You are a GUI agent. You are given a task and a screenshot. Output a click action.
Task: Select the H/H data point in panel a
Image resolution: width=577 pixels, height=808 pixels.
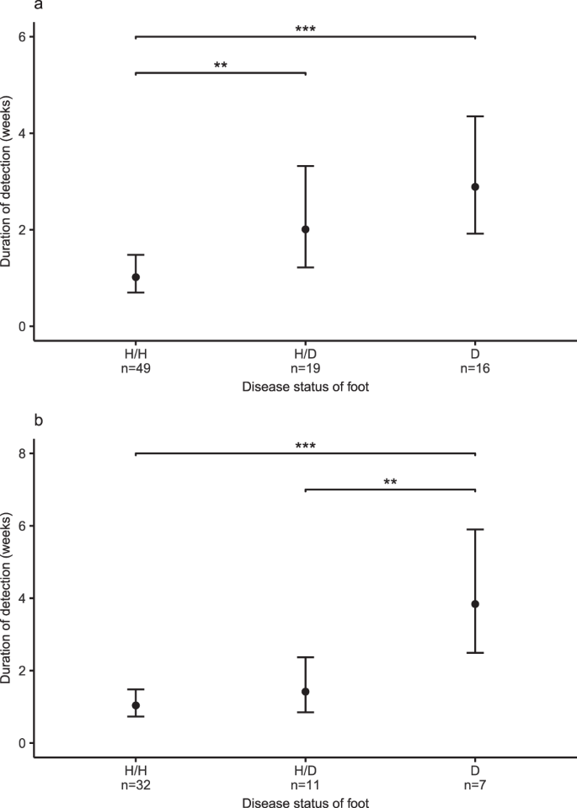[136, 277]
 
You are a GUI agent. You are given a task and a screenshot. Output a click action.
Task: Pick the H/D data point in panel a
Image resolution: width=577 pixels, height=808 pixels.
[306, 229]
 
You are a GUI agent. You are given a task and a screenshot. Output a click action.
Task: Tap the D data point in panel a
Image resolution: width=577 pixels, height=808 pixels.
[475, 187]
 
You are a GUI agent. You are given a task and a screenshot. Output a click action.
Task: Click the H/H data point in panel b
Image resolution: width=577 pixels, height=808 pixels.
[136, 705]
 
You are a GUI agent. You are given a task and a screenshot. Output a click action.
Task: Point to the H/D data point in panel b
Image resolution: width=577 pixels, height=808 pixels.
[306, 692]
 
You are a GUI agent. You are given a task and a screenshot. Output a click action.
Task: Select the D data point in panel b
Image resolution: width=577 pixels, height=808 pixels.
[475, 604]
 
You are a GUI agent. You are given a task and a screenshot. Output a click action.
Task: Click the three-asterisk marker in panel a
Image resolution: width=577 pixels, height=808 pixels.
[305, 31]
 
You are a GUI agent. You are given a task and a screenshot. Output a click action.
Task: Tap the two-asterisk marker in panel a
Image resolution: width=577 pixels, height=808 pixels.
[221, 67]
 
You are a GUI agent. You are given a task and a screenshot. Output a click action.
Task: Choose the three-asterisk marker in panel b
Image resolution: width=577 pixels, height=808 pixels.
[305, 447]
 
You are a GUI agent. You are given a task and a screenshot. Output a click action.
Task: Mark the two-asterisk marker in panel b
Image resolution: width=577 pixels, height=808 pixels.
[390, 484]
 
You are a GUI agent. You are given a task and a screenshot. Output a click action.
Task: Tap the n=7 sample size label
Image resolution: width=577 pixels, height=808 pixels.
[475, 786]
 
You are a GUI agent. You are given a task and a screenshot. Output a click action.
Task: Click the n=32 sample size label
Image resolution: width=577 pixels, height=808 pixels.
[136, 786]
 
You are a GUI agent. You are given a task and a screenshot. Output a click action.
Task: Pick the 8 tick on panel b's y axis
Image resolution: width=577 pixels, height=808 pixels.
[23, 453]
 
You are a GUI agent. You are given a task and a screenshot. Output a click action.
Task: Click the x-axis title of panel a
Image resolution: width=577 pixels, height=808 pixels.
[305, 387]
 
